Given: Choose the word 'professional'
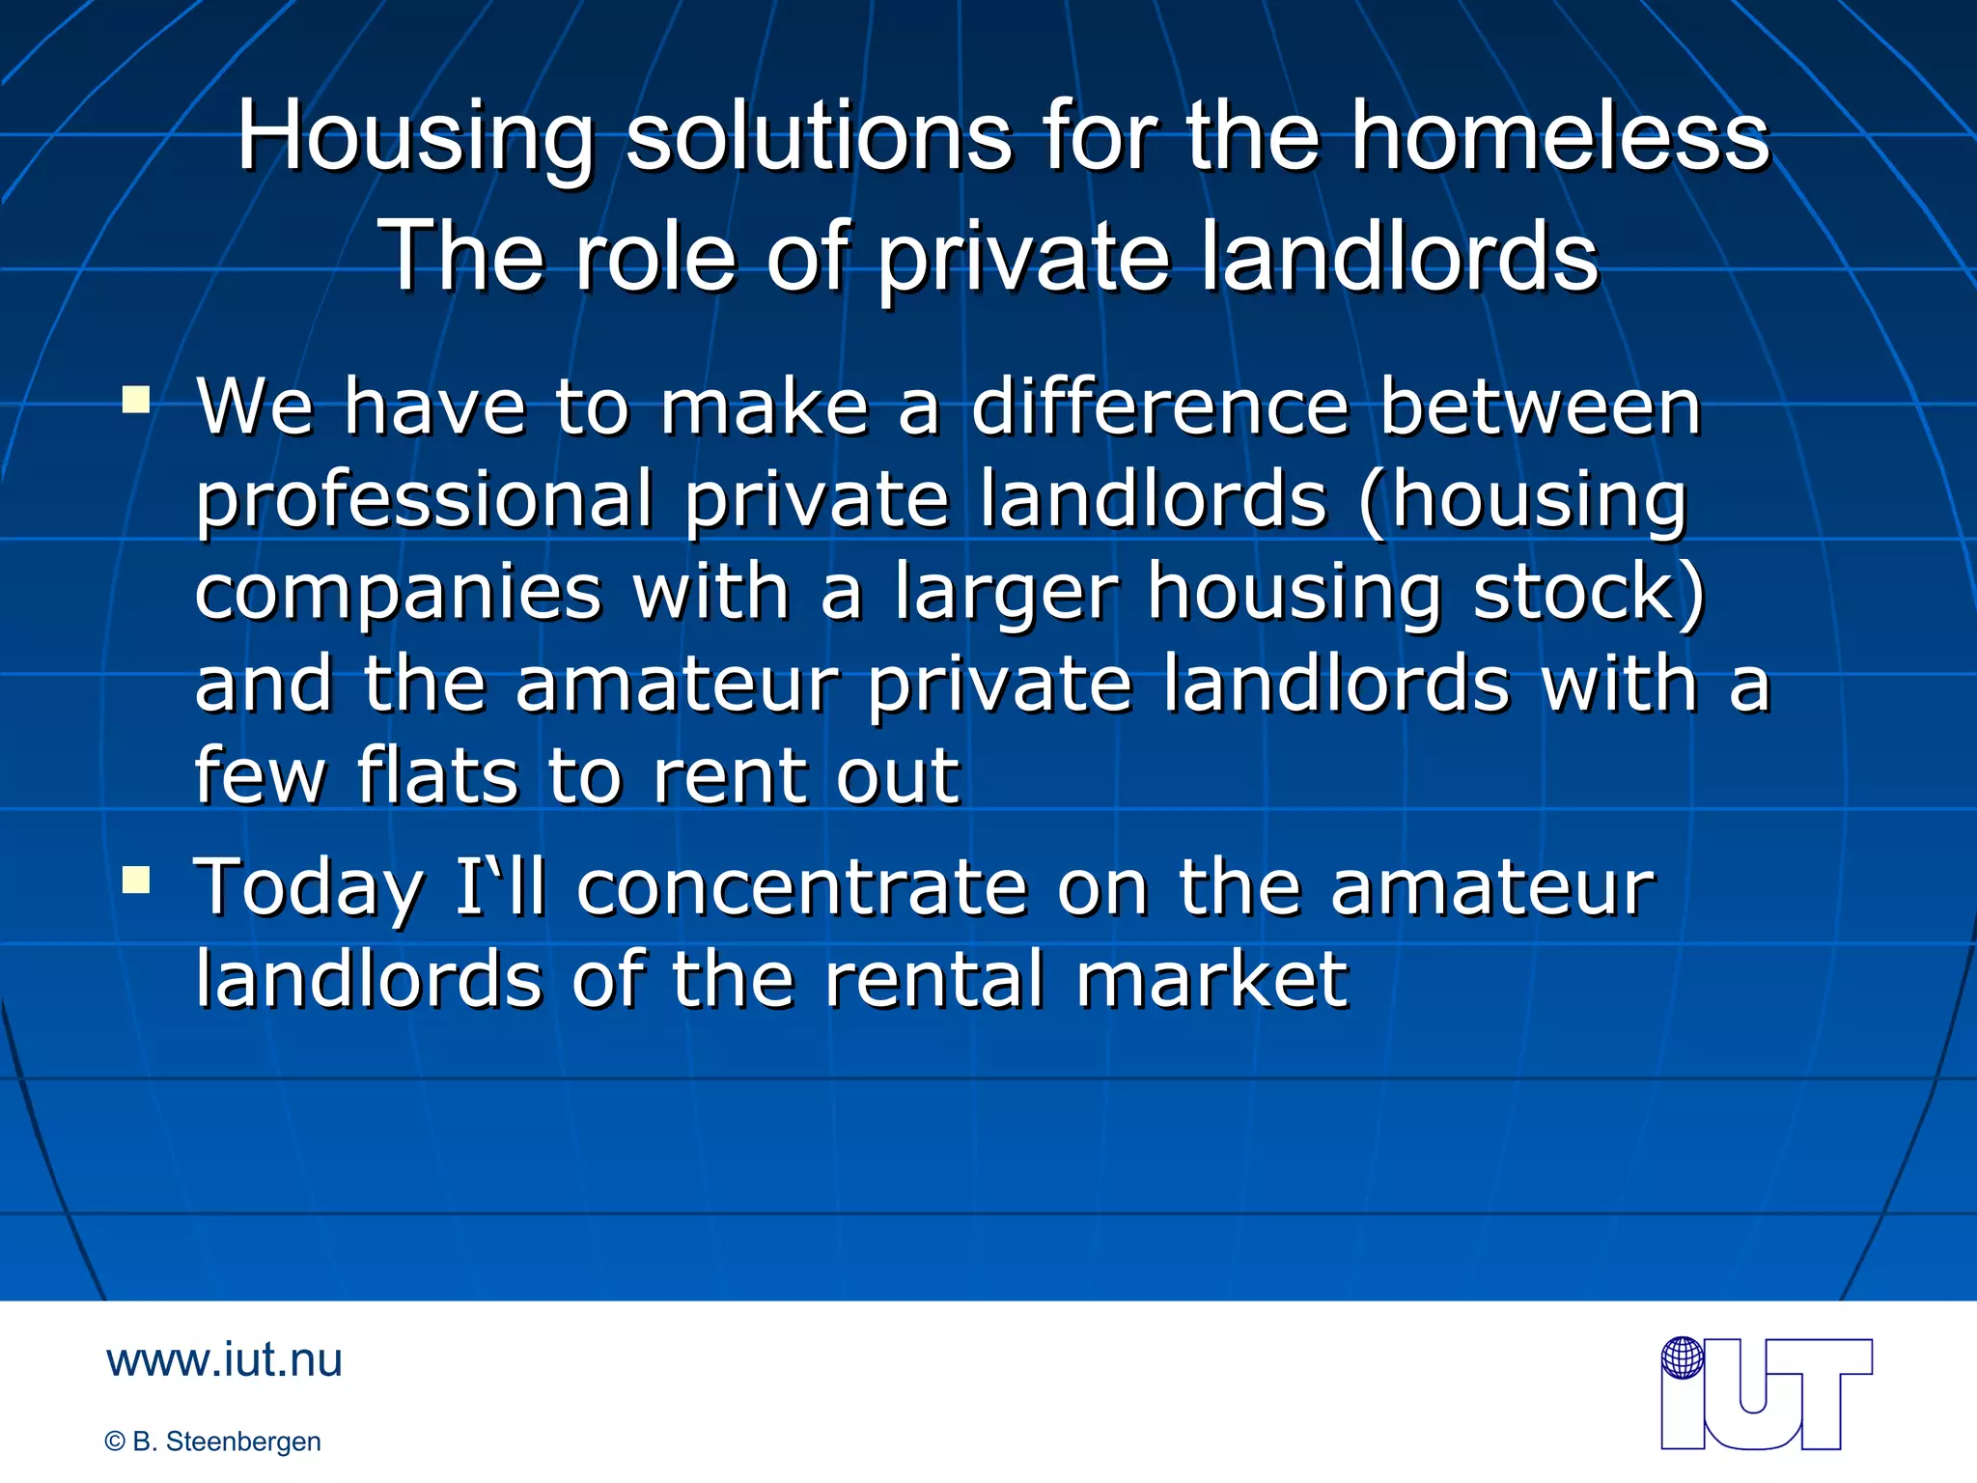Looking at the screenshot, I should pyautogui.click(x=425, y=499).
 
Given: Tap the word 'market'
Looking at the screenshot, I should pyautogui.click(x=1211, y=980).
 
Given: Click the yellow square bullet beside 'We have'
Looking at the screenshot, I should pyautogui.click(x=136, y=399).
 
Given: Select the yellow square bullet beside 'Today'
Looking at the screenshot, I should pyautogui.click(x=136, y=880).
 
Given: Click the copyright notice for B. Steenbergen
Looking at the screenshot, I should pyautogui.click(x=212, y=1441).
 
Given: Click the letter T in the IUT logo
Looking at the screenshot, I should pyautogui.click(x=1824, y=1390).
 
